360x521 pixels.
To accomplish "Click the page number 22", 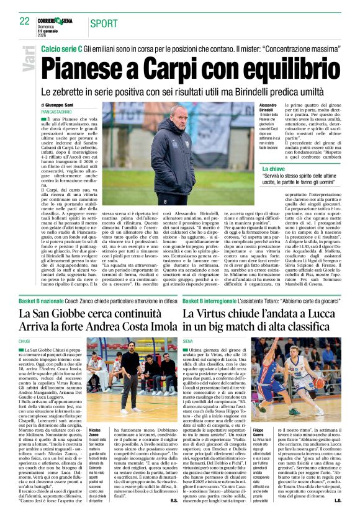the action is [x=24, y=21].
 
